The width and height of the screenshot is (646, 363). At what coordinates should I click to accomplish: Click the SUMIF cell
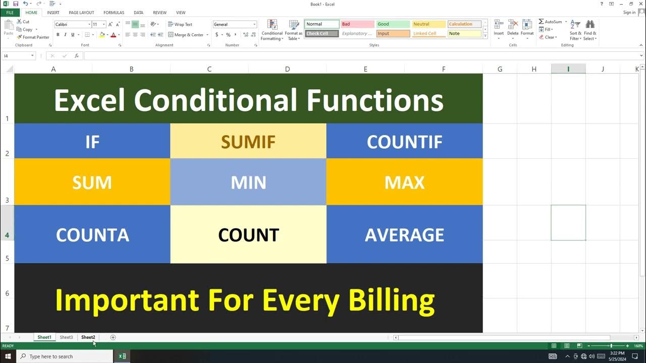[248, 142]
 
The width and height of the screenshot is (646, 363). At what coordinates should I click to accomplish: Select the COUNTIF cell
[404, 142]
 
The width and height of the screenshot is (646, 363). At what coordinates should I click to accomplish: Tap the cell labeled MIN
[248, 182]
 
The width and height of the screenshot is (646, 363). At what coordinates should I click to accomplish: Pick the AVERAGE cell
[404, 234]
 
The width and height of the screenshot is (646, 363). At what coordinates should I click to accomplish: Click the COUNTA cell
[92, 234]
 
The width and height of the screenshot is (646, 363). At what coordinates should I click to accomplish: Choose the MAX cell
[404, 182]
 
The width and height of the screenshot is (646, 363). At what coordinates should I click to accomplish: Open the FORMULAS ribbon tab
[114, 13]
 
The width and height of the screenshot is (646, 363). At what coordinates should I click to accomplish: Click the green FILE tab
[10, 13]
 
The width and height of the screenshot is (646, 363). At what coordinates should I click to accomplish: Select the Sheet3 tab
[66, 337]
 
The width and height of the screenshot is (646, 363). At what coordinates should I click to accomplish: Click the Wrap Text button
[180, 24]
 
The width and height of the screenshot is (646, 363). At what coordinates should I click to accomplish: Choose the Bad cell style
[357, 24]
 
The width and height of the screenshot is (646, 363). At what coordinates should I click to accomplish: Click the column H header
[534, 69]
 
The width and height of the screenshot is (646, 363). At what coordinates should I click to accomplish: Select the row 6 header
[7, 293]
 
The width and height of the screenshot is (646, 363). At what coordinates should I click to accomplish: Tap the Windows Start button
[8, 356]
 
